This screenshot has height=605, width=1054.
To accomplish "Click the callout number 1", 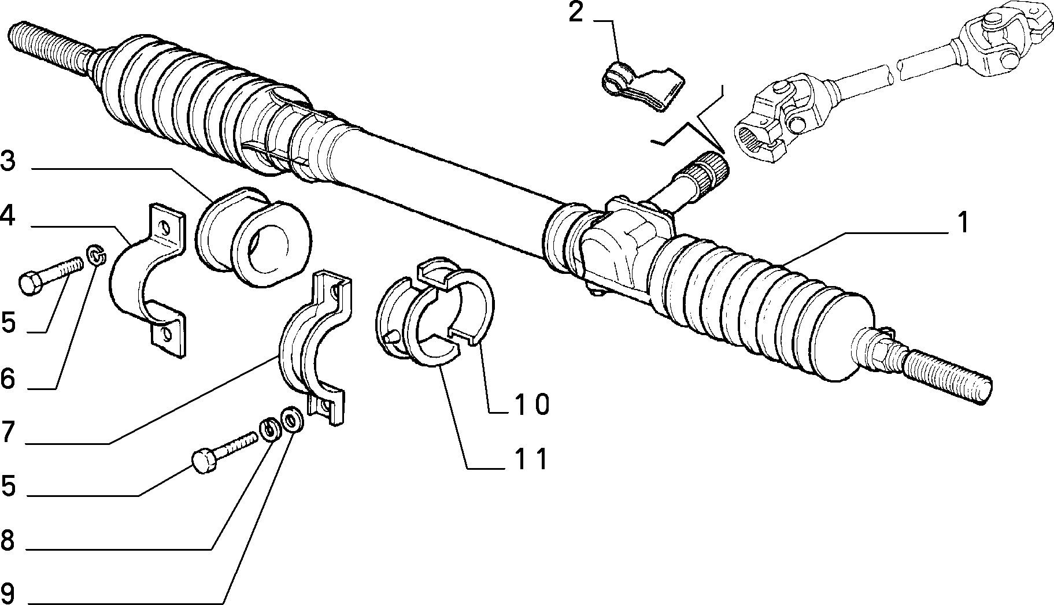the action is [963, 222].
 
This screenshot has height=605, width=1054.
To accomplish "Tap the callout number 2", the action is [576, 13].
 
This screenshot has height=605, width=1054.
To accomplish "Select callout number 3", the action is [8, 161].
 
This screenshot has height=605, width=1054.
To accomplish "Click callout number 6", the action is [8, 379].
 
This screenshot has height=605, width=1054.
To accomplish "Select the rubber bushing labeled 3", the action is [253, 237].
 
